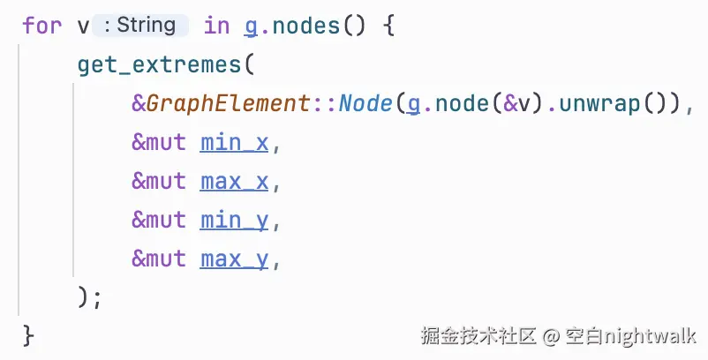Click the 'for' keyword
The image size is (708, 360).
(x=41, y=26)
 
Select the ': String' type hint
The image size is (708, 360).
(x=139, y=26)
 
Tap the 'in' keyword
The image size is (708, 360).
(x=216, y=26)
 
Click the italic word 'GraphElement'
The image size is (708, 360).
(x=229, y=103)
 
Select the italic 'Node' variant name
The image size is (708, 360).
(x=365, y=103)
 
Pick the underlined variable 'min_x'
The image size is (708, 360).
(x=234, y=142)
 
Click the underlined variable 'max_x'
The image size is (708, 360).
(x=234, y=181)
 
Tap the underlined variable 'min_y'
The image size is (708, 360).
(x=234, y=220)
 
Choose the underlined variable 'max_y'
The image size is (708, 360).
(x=234, y=259)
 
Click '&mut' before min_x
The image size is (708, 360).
(x=159, y=142)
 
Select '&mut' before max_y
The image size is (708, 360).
(x=159, y=259)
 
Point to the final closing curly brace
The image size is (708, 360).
(x=28, y=335)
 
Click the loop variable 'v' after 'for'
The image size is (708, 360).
(x=83, y=26)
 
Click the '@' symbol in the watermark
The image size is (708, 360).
(x=551, y=336)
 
